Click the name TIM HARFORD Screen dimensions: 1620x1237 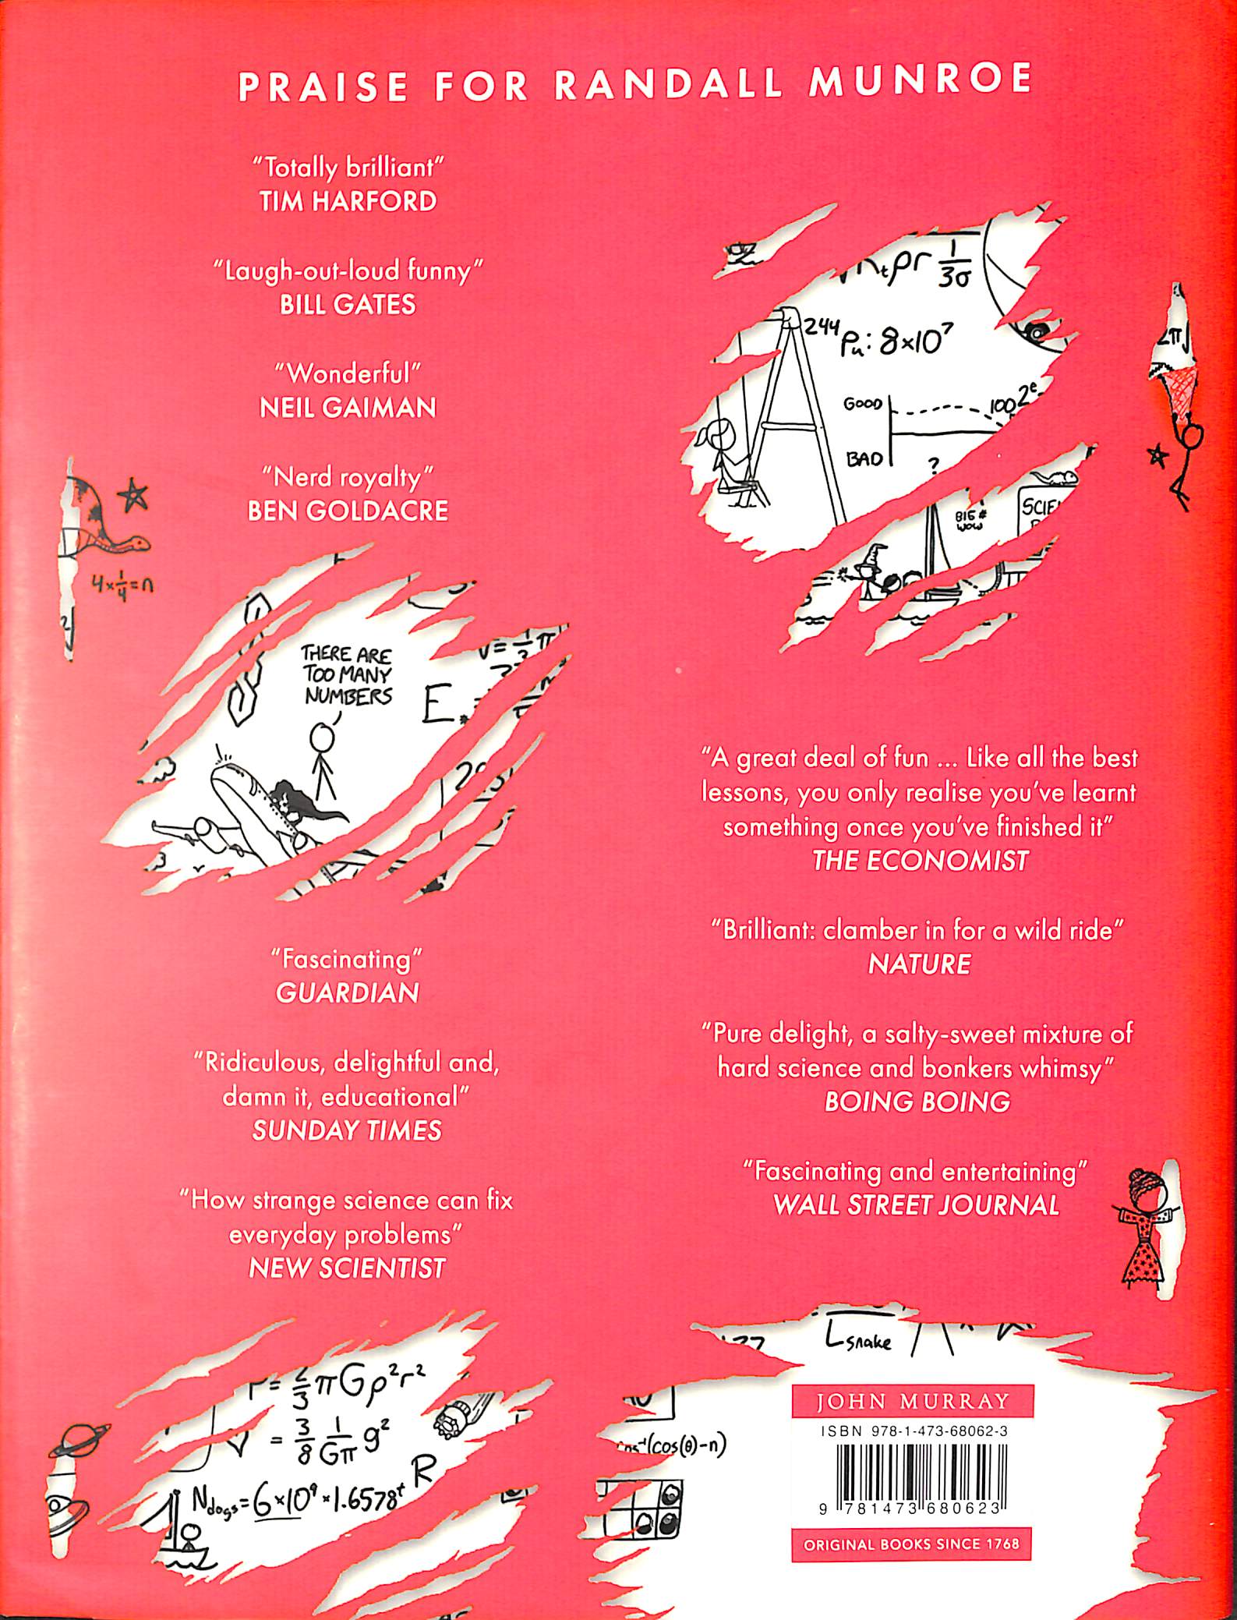[348, 202]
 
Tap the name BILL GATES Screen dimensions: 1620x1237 [348, 304]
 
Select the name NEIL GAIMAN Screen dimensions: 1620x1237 [348, 407]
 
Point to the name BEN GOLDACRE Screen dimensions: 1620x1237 [348, 511]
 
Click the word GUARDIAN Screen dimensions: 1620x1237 [348, 992]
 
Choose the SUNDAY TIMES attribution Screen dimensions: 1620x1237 [347, 1130]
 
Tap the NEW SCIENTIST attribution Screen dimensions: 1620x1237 [347, 1268]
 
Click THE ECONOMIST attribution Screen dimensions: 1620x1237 [920, 861]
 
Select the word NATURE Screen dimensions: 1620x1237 [920, 965]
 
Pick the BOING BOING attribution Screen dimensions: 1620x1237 [917, 1102]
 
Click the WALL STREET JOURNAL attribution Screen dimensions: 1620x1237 [917, 1205]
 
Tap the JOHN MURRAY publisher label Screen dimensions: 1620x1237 [912, 1402]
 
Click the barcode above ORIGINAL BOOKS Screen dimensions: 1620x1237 [912, 1473]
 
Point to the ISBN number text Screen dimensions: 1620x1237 [912, 1431]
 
